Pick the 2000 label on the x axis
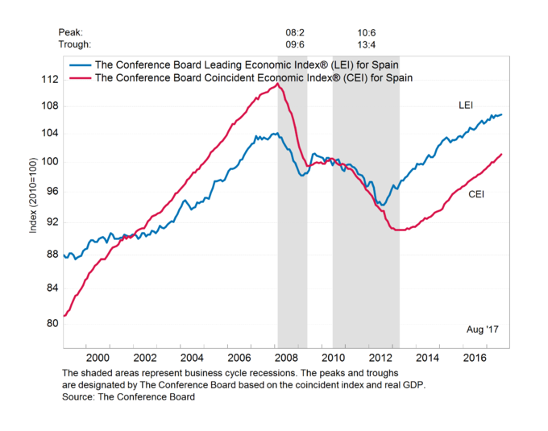(97, 357)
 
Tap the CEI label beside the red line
(477, 194)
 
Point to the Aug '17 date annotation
(484, 330)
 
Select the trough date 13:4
(367, 44)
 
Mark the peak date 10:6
(367, 32)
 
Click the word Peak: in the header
(72, 32)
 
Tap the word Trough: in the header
(75, 44)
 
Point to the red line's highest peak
(278, 84)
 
